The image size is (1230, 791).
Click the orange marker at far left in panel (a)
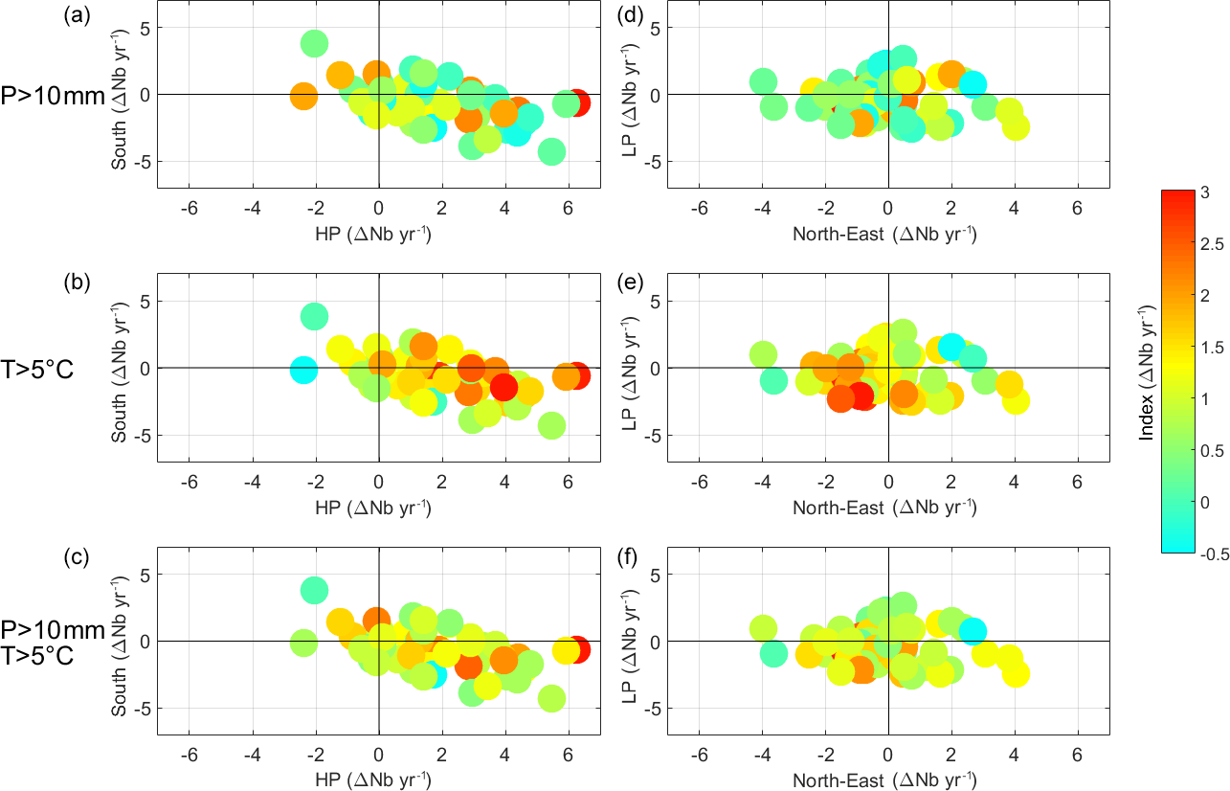(303, 97)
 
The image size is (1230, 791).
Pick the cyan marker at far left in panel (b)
(303, 370)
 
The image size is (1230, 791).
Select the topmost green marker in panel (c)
(314, 590)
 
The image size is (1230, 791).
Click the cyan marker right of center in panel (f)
(973, 630)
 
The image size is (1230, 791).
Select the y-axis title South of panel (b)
(119, 369)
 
